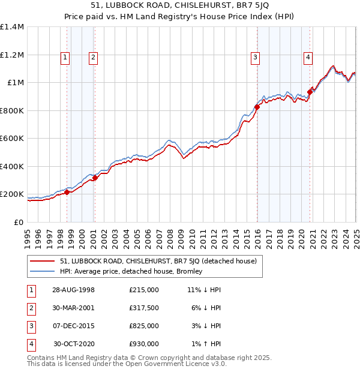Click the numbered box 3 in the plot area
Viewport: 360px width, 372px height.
[255, 58]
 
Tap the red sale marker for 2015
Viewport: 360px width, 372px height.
[257, 107]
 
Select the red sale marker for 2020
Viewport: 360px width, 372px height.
[310, 92]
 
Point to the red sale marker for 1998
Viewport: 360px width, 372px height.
[67, 192]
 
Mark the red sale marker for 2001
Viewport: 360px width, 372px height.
[95, 178]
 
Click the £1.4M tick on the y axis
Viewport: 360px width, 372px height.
[12, 27]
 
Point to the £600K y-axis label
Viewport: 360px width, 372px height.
[12, 139]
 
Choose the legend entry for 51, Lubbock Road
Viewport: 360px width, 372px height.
[158, 261]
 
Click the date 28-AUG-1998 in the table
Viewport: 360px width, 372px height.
[73, 290]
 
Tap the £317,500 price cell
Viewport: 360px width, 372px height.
[144, 308]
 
